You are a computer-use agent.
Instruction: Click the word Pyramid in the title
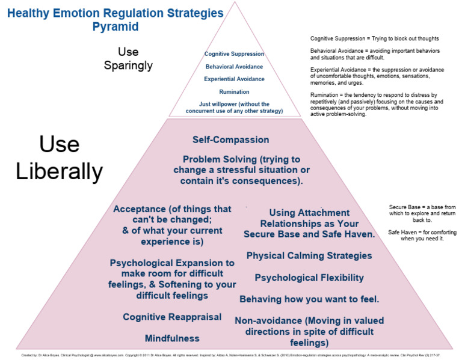click(115, 26)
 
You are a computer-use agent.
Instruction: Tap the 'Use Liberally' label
click(59, 158)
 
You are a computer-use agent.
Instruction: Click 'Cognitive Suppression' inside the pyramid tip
click(234, 54)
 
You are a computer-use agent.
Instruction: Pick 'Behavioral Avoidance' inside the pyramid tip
click(234, 67)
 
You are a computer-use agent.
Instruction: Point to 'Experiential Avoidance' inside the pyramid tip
click(234, 79)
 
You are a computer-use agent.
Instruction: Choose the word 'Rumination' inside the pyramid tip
click(234, 92)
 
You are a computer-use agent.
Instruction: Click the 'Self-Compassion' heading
click(230, 140)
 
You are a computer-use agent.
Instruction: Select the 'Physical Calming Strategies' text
click(309, 256)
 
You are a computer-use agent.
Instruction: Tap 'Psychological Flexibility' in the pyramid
click(309, 278)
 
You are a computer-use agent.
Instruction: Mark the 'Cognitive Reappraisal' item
click(172, 317)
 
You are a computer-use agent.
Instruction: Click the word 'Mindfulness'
click(172, 338)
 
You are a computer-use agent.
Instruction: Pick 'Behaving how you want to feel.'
click(309, 299)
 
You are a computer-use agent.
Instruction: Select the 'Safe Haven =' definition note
click(416, 236)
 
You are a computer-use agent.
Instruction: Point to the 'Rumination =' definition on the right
click(377, 105)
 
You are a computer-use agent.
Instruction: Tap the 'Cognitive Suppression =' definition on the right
click(374, 38)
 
